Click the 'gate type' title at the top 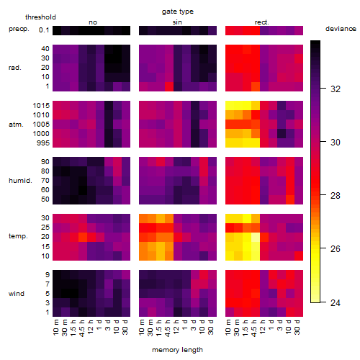[x=178, y=12]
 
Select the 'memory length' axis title [x=177, y=350]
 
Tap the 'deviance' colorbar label [x=341, y=29]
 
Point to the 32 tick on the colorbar [x=336, y=89]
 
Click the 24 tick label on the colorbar [x=336, y=303]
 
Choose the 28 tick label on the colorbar [x=336, y=196]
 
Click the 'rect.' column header [x=261, y=22]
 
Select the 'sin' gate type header [x=177, y=22]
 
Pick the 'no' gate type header [x=93, y=22]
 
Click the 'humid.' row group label [x=20, y=181]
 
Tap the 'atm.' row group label [x=16, y=125]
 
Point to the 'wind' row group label [x=17, y=294]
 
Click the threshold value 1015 [x=41, y=106]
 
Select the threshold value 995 [x=43, y=143]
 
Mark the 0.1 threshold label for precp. [x=44, y=30]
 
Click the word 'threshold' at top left [x=40, y=17]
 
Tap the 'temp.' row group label [x=18, y=236]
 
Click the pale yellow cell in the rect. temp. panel [x=256, y=237]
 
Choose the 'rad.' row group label [x=15, y=68]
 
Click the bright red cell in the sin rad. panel [x=169, y=86]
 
